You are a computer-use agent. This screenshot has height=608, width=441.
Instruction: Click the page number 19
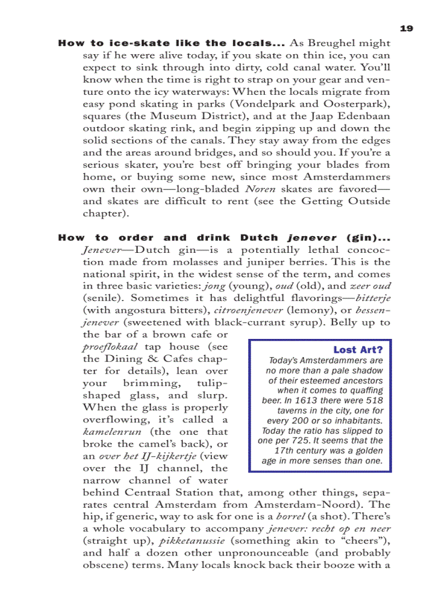coord(406,28)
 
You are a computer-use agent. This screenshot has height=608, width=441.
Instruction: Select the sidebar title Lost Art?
coord(358,350)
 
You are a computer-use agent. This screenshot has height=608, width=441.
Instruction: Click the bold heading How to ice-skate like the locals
coord(171,43)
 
